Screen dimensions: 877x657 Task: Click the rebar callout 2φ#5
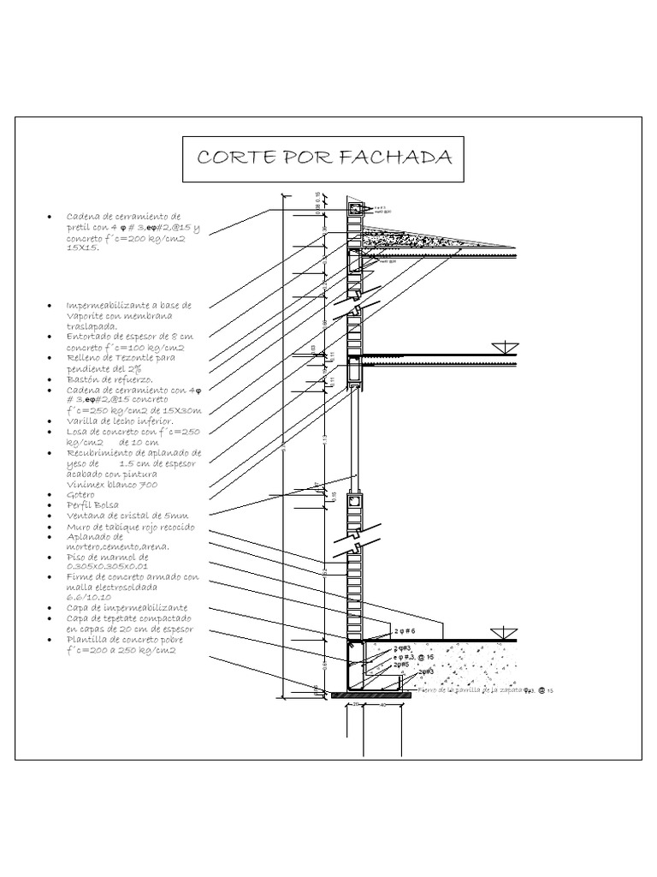pyautogui.click(x=401, y=664)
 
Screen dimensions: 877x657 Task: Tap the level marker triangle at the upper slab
pyautogui.click(x=505, y=348)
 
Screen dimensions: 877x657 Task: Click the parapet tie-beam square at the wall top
pyautogui.click(x=354, y=208)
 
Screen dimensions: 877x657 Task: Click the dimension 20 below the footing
pyautogui.click(x=355, y=705)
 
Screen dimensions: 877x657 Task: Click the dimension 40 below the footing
pyautogui.click(x=382, y=705)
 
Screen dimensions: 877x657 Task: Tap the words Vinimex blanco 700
pyautogui.click(x=111, y=485)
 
